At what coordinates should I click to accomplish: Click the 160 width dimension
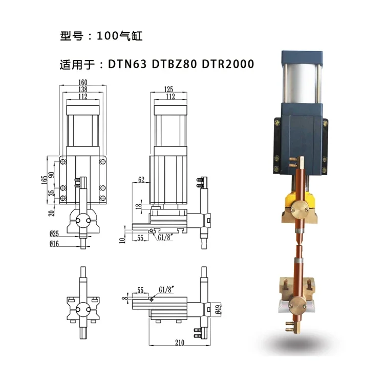pos(83,82)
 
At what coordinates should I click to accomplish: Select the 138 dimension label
pos(83,89)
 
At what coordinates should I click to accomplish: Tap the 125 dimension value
pos(168,89)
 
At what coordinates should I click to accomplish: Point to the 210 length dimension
pos(180,343)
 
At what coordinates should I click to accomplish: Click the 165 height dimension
pos(45,180)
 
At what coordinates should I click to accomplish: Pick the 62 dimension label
pos(141,180)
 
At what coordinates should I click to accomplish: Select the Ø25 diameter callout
pos(54,234)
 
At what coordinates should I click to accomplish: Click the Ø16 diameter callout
pos(54,244)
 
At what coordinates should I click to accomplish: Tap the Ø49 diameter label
pos(219,309)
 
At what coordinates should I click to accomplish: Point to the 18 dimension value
pos(139,205)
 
